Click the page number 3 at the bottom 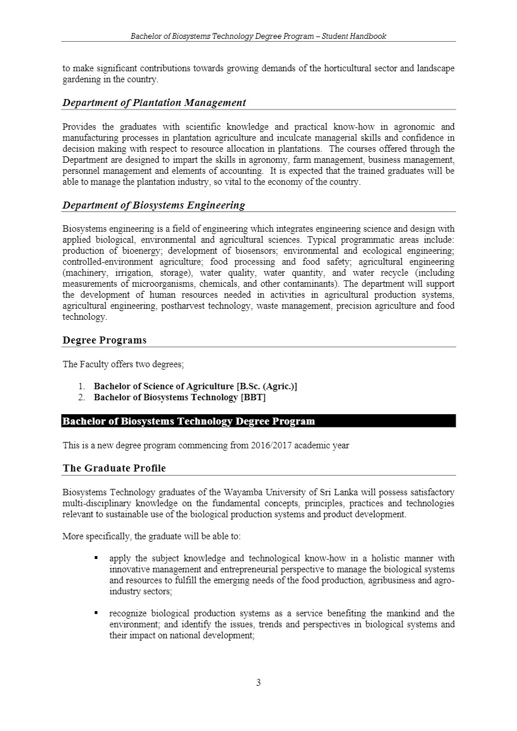258,682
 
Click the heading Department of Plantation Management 154,103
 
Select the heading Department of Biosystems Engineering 153,205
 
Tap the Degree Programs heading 104,340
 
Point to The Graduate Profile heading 114,468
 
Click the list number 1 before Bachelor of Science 82,386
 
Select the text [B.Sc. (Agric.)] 267,386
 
